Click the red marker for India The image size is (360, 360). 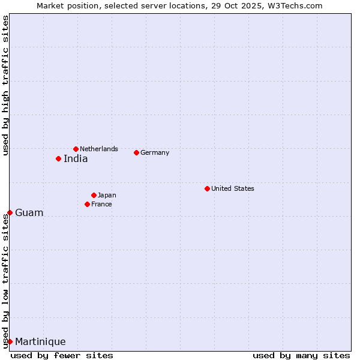[x=58, y=158]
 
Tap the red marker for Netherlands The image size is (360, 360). [x=76, y=149]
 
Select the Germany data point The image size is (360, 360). [x=136, y=152]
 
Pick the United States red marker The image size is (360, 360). [x=207, y=188]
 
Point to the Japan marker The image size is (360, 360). [x=94, y=195]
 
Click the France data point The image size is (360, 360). [x=87, y=204]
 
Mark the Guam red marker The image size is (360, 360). [x=10, y=212]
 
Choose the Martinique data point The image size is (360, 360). [x=10, y=341]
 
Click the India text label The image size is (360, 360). [x=76, y=159]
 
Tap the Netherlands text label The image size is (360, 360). [x=99, y=149]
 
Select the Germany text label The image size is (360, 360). [x=155, y=152]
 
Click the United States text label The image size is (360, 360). [x=233, y=188]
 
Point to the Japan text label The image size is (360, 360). [x=107, y=195]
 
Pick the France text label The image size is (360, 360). [x=101, y=204]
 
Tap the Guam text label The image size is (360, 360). [x=29, y=213]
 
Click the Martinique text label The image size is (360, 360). [x=40, y=342]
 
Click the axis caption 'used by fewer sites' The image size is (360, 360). [x=62, y=355]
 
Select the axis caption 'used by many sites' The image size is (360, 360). [x=301, y=355]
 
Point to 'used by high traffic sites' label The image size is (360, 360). [x=5, y=85]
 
